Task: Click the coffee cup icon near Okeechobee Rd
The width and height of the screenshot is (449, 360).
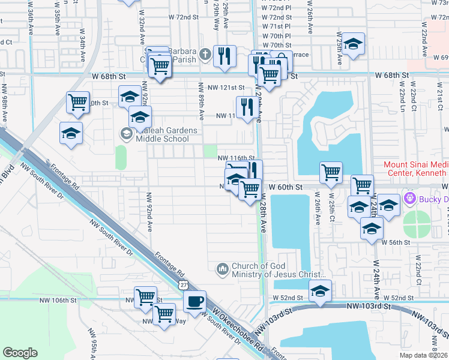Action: [x=195, y=302]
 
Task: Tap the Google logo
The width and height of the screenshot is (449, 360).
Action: [x=20, y=352]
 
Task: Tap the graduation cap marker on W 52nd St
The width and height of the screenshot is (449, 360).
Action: [x=320, y=291]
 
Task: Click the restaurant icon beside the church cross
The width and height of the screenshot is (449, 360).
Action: [x=224, y=56]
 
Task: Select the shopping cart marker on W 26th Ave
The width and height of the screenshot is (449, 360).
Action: [x=331, y=172]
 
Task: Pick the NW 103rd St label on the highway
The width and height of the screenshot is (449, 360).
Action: [x=368, y=306]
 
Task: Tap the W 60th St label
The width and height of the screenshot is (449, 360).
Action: [x=285, y=187]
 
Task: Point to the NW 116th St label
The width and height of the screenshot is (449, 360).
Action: [x=240, y=157]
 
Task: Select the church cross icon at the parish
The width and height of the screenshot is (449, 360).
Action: [x=205, y=55]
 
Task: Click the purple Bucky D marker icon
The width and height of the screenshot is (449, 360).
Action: [x=411, y=197]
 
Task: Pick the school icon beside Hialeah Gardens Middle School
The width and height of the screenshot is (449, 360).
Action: [x=127, y=133]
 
